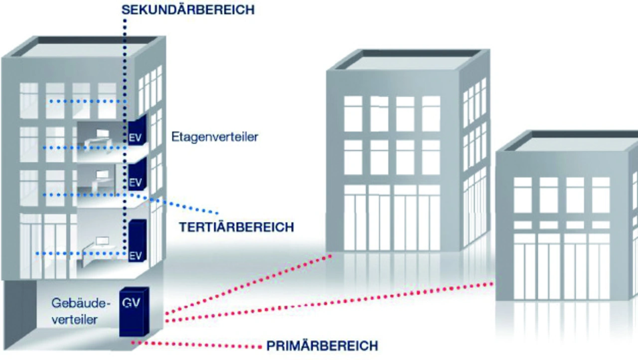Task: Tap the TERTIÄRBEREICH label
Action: (x=236, y=227)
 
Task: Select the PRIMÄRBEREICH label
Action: (x=322, y=346)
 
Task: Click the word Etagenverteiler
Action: (x=215, y=137)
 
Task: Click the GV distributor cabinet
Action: (x=134, y=312)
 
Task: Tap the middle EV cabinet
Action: (x=137, y=174)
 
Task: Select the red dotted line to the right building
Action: (x=329, y=302)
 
